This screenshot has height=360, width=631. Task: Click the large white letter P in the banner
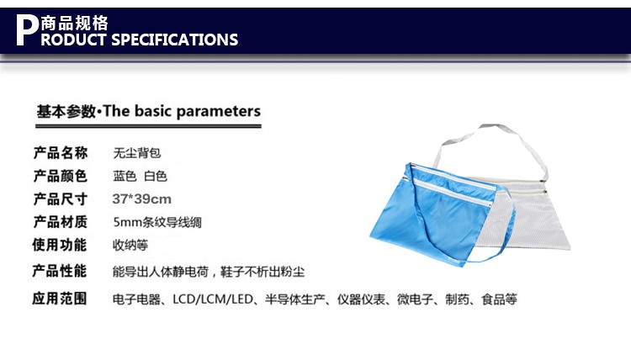27,30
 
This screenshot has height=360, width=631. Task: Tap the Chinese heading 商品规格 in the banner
74,24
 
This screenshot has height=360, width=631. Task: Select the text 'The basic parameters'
182,111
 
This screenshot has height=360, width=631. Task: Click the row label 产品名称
61,153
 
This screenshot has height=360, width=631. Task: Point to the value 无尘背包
137,153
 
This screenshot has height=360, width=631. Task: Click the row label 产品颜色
60,176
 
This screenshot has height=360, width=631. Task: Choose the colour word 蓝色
125,176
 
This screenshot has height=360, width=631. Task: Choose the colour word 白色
156,176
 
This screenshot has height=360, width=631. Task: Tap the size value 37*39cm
141,199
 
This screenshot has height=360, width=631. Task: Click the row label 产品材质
61,221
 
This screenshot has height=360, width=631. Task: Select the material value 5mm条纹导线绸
157,222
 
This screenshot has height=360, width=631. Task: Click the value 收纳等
130,245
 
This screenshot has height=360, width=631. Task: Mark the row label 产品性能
60,271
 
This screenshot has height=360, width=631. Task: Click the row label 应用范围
60,299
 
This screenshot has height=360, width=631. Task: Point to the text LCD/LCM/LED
213,299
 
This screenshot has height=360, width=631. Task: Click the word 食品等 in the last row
500,299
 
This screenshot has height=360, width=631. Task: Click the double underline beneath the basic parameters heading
148,126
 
